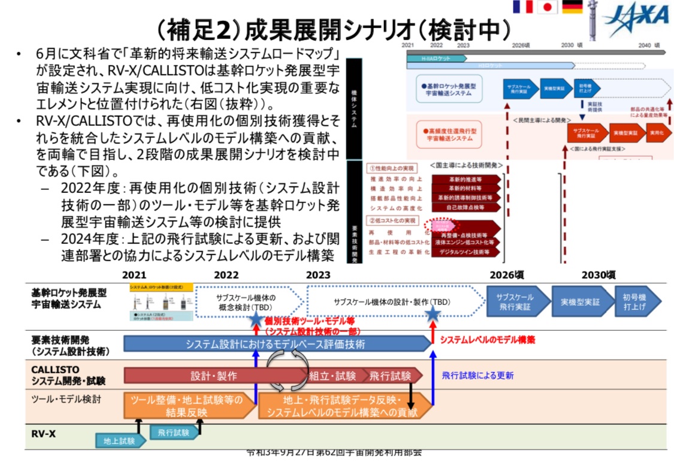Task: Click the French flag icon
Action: pos(522,7)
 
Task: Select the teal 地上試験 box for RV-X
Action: pos(120,440)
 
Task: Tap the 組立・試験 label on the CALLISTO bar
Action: pos(332,376)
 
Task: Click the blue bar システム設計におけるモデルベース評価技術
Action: pos(275,344)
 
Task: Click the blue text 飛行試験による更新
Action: pos(477,376)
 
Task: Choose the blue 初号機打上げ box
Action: pos(637,301)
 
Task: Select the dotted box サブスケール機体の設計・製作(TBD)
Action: pos(392,301)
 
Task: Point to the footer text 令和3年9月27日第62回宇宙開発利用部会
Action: pos(334,452)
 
